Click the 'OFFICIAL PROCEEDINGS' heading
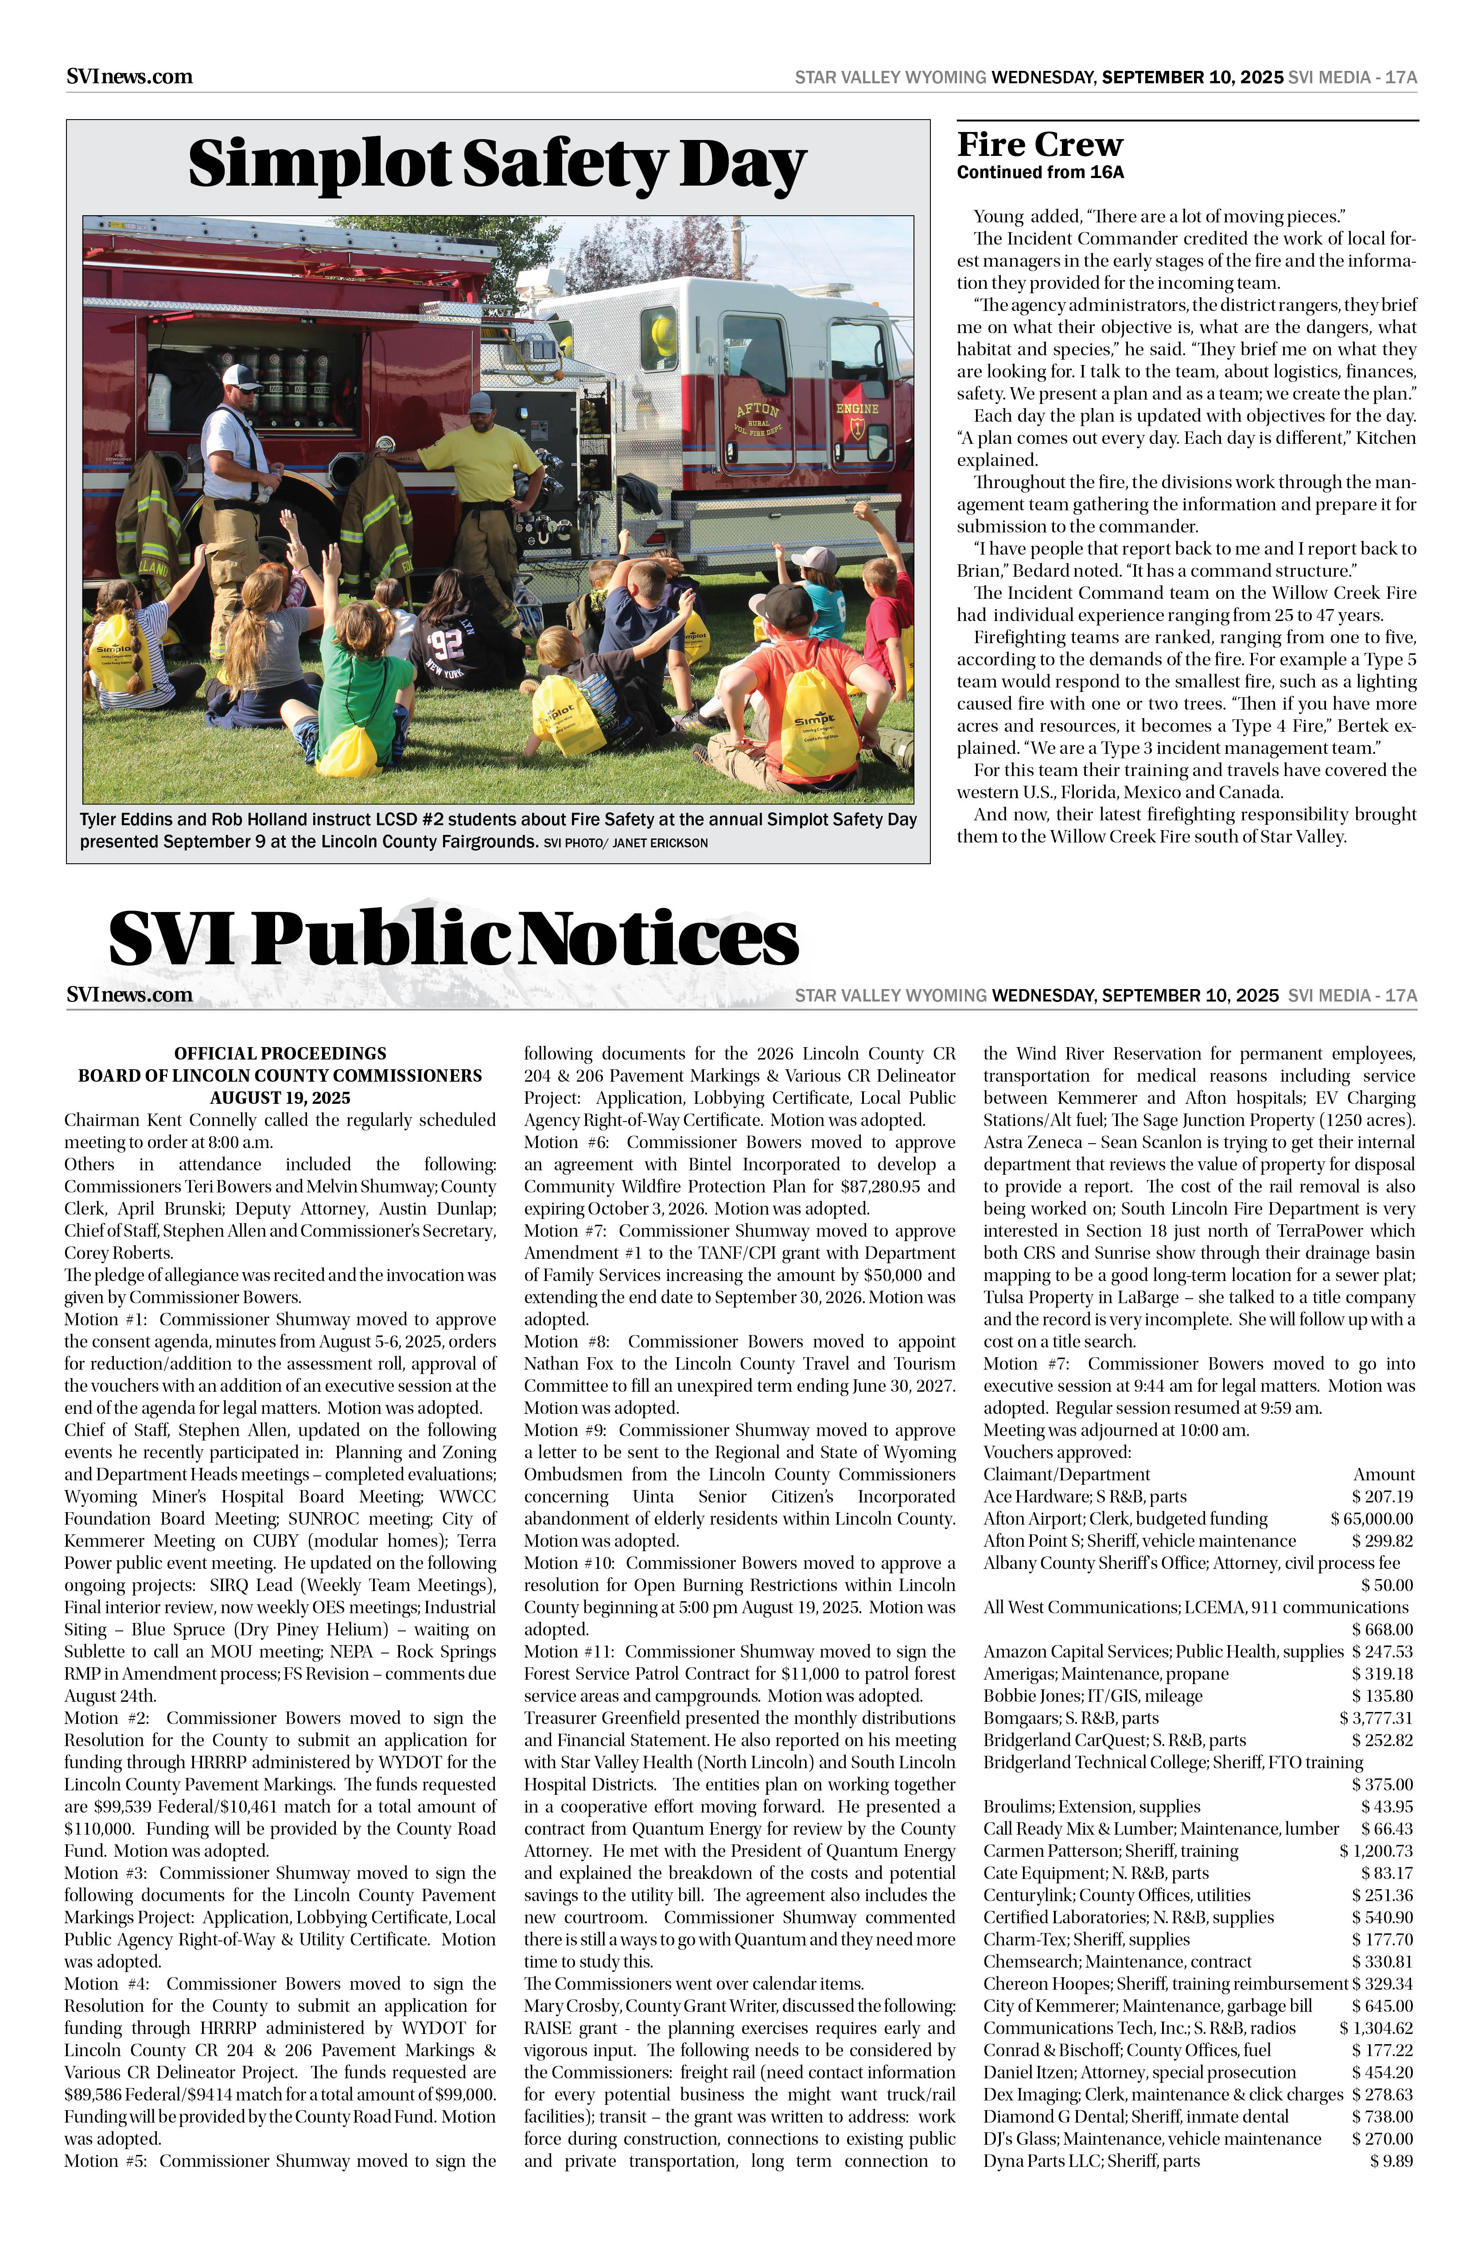coord(280,1054)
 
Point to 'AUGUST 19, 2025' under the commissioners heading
coord(280,1098)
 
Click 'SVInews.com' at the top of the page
coord(129,77)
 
